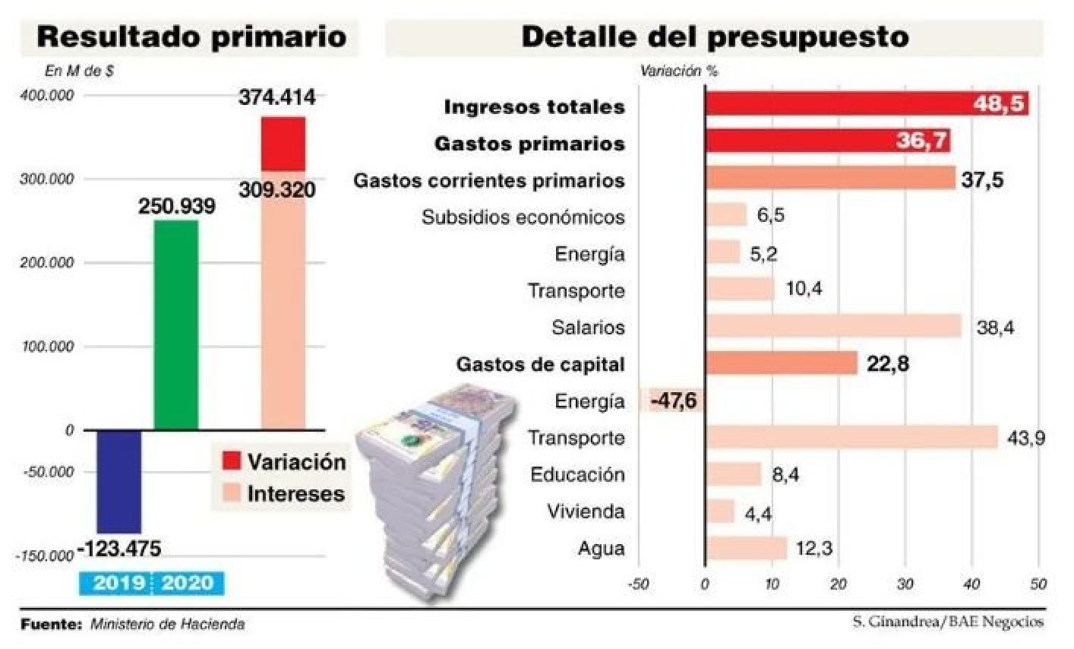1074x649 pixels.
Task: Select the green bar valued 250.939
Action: [176, 325]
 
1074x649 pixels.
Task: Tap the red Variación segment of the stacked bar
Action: [283, 144]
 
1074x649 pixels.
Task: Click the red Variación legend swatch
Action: [232, 461]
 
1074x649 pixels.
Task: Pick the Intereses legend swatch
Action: [232, 493]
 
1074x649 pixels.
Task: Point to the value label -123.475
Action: [120, 548]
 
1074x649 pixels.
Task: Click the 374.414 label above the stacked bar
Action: [276, 97]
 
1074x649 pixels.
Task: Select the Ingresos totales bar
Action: [867, 103]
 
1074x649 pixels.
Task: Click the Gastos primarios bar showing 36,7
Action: [827, 141]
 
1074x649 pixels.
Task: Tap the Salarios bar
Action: [833, 327]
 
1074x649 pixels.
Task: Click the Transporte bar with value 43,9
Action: [851, 438]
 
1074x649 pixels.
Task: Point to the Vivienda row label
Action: [586, 511]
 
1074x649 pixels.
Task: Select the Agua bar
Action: [746, 548]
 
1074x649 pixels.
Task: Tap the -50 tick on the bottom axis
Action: [638, 584]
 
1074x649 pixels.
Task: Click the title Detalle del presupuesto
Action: [714, 36]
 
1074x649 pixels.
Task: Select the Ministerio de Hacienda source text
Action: [167, 625]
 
